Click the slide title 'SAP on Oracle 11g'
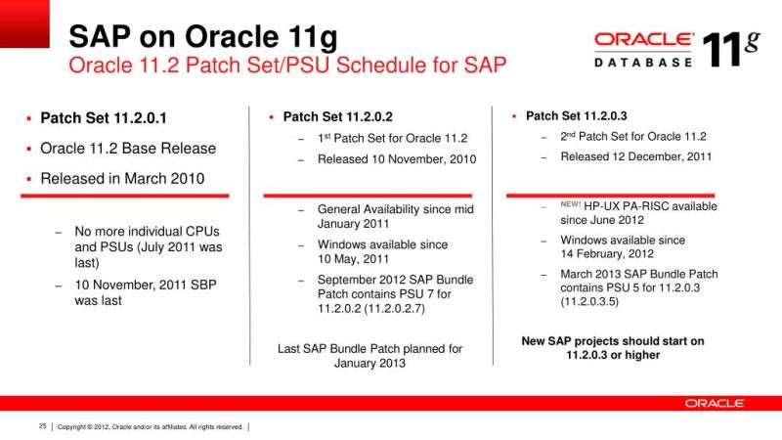point(202,37)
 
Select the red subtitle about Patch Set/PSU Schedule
point(286,66)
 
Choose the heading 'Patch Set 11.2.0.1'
point(104,118)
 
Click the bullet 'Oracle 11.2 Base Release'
point(127,149)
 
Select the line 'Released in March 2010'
point(122,179)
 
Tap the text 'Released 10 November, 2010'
point(396,159)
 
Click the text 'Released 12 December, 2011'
point(635,156)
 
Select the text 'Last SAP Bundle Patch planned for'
point(369,348)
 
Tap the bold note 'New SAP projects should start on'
point(613,340)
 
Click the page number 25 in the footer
point(42,426)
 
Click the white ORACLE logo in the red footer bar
point(714,403)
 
